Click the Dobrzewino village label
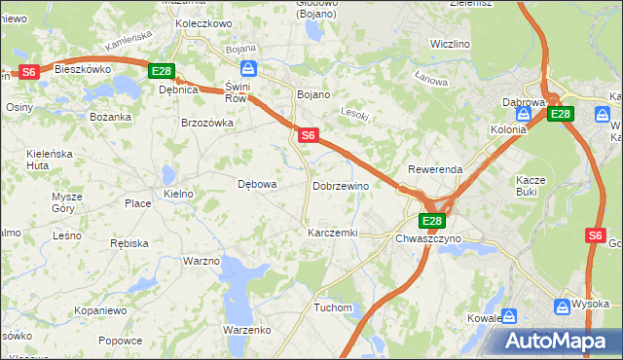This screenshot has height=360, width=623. [340, 186]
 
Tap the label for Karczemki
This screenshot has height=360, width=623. [333, 234]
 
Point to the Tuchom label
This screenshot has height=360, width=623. [332, 307]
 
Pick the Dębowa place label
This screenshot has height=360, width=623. [258, 184]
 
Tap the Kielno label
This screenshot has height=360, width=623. [179, 195]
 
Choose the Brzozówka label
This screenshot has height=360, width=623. [207, 124]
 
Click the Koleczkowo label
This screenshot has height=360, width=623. [203, 22]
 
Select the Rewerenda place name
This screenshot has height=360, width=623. [435, 169]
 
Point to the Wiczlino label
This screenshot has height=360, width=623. [450, 45]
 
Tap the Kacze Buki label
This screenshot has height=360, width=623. [531, 186]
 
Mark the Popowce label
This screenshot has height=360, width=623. [121, 341]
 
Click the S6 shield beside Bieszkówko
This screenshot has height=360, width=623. [28, 71]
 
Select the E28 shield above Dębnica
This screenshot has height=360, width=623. [161, 71]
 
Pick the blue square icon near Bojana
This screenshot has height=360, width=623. [249, 67]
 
